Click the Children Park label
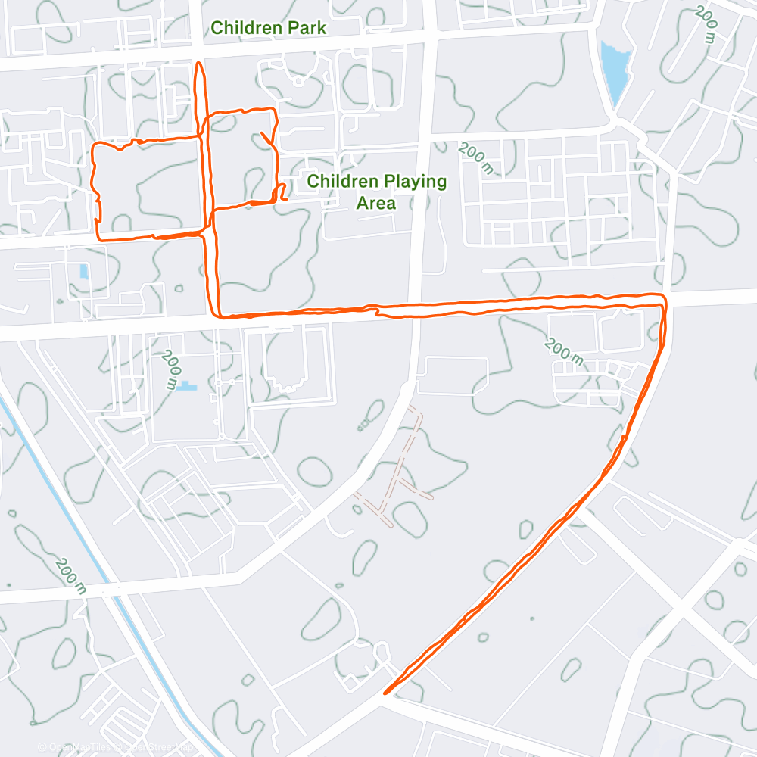(268, 28)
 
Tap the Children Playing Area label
(376, 192)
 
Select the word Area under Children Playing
(376, 204)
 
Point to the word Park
(308, 28)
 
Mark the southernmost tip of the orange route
(386, 692)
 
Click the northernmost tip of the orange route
(199, 64)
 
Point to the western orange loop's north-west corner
(93, 144)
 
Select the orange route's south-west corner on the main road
(218, 316)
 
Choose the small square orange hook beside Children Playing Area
(280, 192)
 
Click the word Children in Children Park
(245, 28)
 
